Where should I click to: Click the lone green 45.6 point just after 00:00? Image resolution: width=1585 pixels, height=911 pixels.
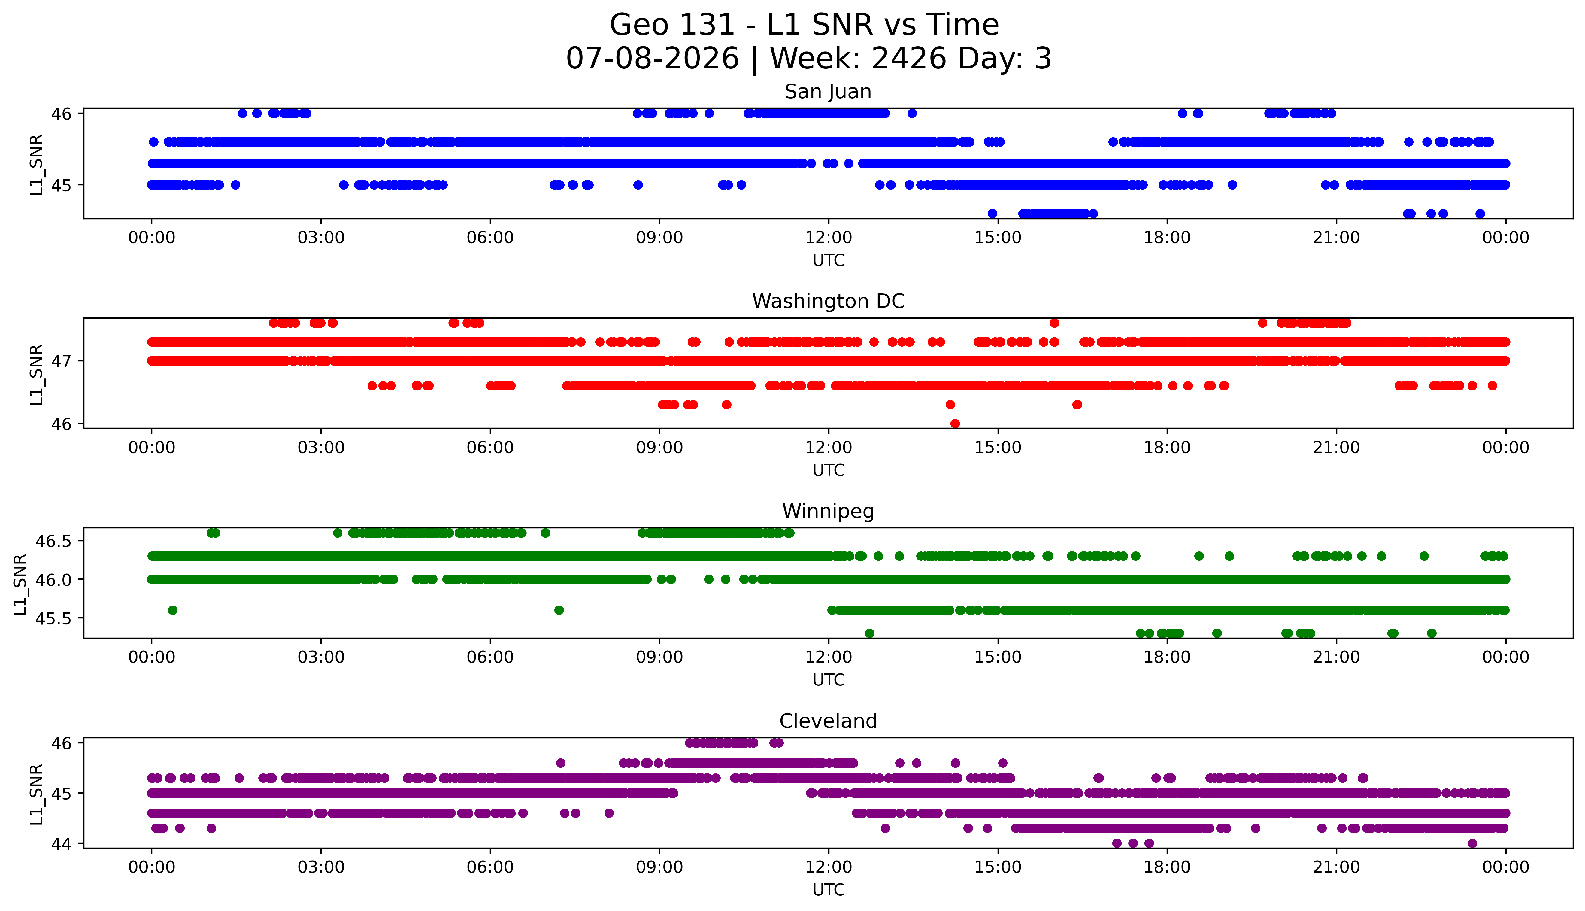pyautogui.click(x=173, y=610)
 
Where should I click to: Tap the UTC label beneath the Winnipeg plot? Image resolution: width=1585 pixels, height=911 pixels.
pyautogui.click(x=828, y=679)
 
